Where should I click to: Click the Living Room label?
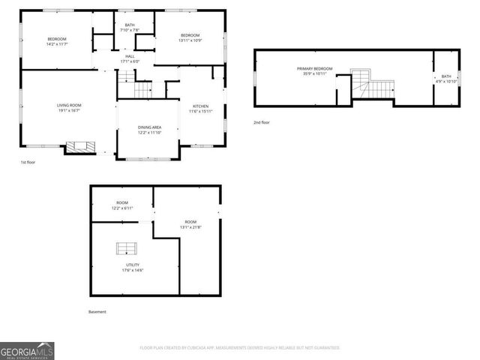click(69, 105)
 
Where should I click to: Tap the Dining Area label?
click(149, 127)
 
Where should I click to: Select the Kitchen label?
click(200, 106)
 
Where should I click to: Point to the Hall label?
click(130, 57)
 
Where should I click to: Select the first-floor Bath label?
click(129, 26)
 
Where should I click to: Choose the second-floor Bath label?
click(446, 76)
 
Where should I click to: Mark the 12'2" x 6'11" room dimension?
click(121, 208)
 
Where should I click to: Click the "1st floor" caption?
click(28, 162)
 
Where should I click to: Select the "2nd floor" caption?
click(261, 122)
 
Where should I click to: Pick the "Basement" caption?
click(97, 311)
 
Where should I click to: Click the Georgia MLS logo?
click(27, 350)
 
